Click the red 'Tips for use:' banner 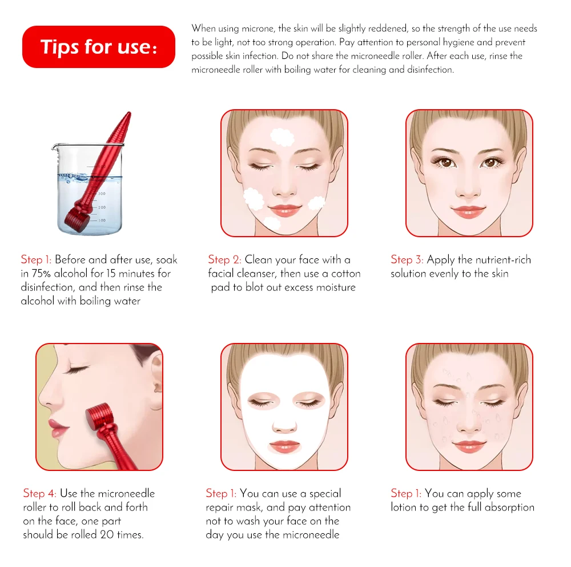tap(99, 47)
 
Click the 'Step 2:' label tap(224, 259)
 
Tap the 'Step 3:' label tap(407, 259)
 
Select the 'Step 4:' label tap(40, 493)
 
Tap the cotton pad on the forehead tap(282, 137)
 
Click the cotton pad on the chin tap(272, 222)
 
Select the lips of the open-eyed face tap(468, 211)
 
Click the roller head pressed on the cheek tap(100, 417)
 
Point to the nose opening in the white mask tap(284, 426)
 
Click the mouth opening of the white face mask tap(285, 446)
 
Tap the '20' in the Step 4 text tap(107, 534)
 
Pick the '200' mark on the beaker tap(102, 207)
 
